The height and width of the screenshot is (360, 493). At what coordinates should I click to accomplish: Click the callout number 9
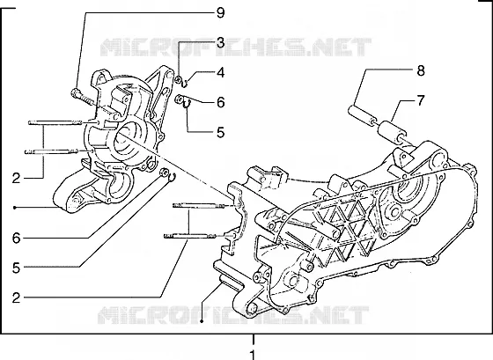click(221, 13)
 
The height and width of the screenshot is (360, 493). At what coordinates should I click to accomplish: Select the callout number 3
click(221, 43)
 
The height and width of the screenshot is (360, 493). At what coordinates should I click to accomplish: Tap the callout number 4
click(221, 73)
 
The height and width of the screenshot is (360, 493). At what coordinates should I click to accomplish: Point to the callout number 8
click(421, 70)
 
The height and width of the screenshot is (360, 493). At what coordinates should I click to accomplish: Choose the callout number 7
click(421, 100)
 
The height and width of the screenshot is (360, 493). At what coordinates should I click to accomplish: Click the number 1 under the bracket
click(253, 355)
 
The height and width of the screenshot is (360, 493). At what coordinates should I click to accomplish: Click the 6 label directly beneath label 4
click(221, 102)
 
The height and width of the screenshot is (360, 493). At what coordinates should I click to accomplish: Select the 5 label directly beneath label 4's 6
click(221, 132)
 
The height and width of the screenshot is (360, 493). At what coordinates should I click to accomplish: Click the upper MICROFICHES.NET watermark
click(236, 48)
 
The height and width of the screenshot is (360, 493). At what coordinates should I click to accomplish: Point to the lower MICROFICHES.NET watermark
click(233, 315)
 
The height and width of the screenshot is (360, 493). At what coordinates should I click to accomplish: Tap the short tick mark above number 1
click(254, 340)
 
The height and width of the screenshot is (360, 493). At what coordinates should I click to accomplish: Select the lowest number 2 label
click(16, 298)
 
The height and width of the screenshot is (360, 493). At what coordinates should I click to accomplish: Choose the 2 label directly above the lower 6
click(16, 179)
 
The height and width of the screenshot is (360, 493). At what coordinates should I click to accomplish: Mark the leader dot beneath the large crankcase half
click(202, 321)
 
